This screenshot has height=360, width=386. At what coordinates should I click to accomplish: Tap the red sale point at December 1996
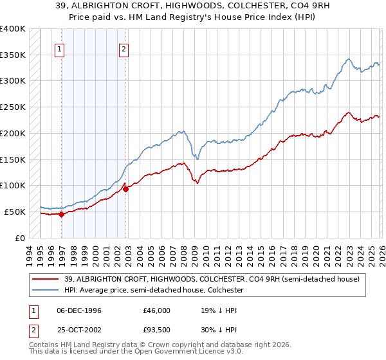pos(62,215)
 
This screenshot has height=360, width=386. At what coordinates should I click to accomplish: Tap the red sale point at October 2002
pos(125,189)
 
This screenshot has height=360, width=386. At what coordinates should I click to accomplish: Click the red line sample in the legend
pos(45,278)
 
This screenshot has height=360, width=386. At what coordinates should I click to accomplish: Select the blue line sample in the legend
pos(45,290)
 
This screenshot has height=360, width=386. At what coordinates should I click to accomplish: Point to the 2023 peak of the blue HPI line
pos(348,59)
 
